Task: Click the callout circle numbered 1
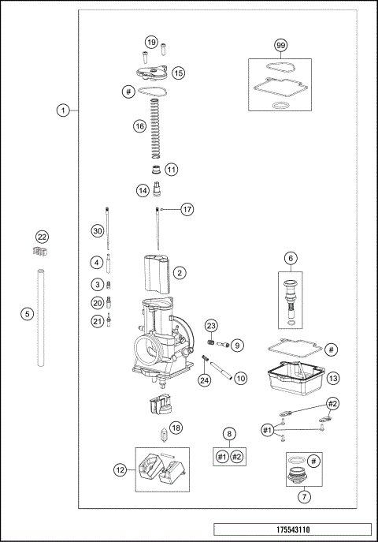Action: click(63, 110)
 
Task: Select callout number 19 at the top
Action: click(151, 42)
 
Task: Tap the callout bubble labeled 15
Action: click(179, 73)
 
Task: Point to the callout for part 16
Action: click(139, 125)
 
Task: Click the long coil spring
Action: click(157, 130)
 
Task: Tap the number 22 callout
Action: click(43, 237)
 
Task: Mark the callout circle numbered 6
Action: click(291, 258)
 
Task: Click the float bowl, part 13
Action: click(296, 380)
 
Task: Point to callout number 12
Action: click(120, 470)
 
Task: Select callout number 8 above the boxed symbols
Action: click(229, 433)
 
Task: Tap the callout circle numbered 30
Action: click(97, 231)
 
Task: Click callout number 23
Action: click(211, 326)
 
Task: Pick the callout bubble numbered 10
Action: click(241, 378)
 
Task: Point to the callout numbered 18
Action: click(176, 427)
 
